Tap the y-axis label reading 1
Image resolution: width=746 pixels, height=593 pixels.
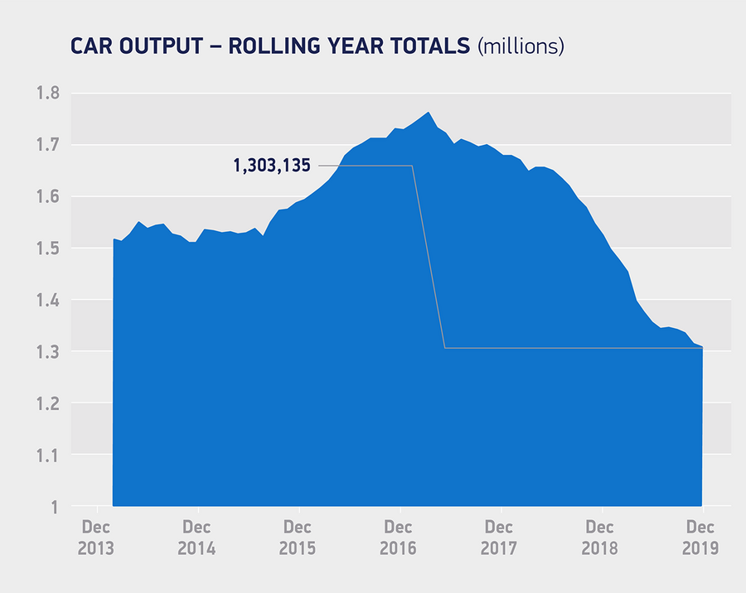tap(53, 507)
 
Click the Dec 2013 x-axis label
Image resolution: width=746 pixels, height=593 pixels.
tap(96, 538)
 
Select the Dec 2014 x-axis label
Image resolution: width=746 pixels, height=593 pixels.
tap(196, 538)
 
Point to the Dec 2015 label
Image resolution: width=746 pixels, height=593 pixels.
tap(298, 538)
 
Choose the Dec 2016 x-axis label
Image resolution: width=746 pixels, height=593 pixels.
tap(399, 538)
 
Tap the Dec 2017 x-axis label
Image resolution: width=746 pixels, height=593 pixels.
tap(499, 538)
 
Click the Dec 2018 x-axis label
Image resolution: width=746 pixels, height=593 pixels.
tap(600, 538)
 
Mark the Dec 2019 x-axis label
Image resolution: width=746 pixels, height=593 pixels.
tap(701, 538)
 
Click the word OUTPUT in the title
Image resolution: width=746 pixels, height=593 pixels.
tap(165, 46)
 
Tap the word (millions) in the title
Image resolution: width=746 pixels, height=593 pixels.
tap(521, 46)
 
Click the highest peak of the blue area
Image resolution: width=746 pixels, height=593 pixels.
tap(428, 113)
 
